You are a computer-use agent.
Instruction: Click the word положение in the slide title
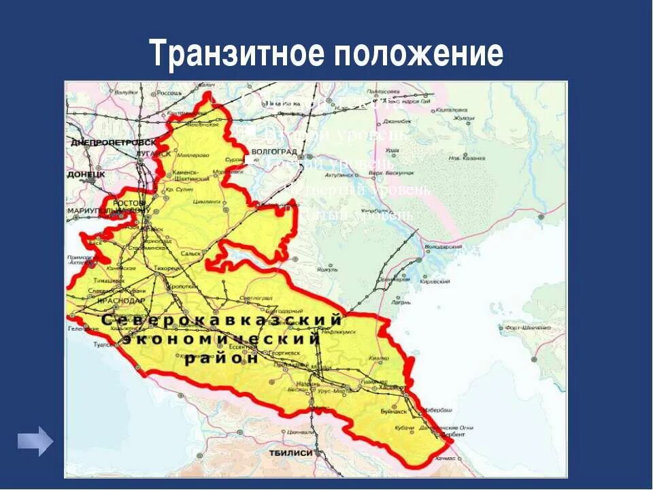pos(418,53)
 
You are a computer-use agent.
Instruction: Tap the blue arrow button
pos(35,440)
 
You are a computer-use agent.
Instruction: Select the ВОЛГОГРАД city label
pos(275,151)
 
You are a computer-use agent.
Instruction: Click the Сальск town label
pos(191,252)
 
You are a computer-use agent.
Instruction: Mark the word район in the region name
pos(222,359)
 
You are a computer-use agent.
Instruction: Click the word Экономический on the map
pos(221,338)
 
